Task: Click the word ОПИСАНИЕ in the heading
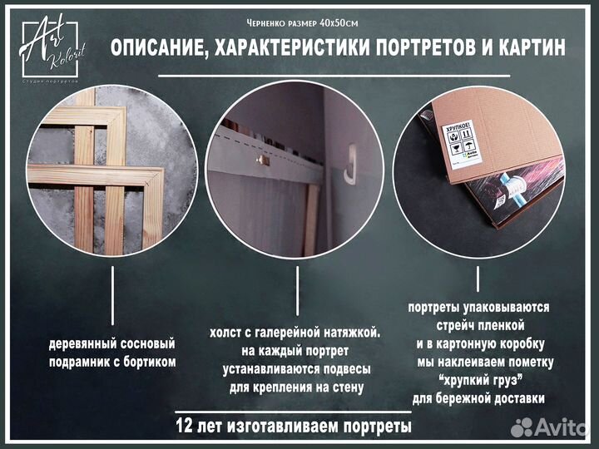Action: (157, 48)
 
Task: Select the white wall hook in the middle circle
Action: (350, 162)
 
